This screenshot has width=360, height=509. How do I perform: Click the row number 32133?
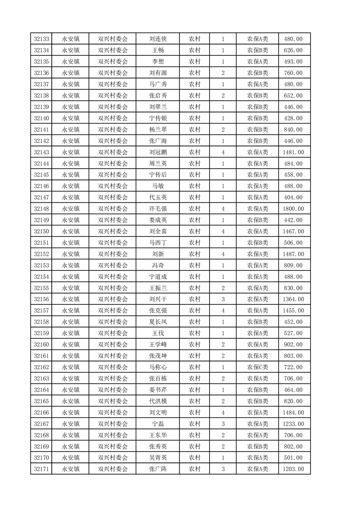(x=41, y=39)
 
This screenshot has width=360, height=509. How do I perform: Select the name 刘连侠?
(x=158, y=39)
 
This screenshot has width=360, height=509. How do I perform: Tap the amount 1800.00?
(x=293, y=209)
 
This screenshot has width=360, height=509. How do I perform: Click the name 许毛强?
(x=158, y=209)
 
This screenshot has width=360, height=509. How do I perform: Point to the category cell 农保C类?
(x=257, y=367)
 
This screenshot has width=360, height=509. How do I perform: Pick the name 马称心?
(x=158, y=367)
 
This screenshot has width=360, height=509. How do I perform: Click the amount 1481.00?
(x=293, y=152)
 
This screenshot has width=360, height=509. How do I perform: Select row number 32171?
(x=41, y=469)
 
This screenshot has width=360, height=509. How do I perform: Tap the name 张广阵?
(x=158, y=469)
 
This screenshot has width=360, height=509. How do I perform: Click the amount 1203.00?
(x=293, y=469)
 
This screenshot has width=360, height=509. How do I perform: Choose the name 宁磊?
(x=158, y=424)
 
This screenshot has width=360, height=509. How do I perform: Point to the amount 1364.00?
(x=293, y=299)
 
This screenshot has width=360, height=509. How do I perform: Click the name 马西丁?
(x=158, y=243)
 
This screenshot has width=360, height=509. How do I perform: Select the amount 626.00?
(x=293, y=50)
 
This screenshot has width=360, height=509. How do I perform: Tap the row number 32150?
(x=41, y=231)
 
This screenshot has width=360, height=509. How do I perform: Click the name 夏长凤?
(x=158, y=322)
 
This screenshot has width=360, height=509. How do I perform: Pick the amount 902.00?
(x=293, y=345)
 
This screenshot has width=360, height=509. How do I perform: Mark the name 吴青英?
(x=158, y=458)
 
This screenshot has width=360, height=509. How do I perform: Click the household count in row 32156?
(x=223, y=299)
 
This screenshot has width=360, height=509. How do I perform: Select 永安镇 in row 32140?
(x=70, y=118)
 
